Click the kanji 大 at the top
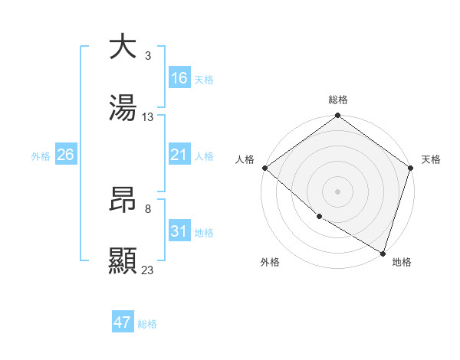click(x=123, y=47)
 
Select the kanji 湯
click(x=123, y=109)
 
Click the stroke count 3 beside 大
click(x=147, y=55)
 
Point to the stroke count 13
click(x=148, y=117)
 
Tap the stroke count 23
click(x=148, y=270)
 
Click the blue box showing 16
click(x=179, y=78)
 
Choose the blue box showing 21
click(x=179, y=155)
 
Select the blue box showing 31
click(x=179, y=231)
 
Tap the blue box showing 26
click(x=65, y=155)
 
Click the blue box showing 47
click(x=123, y=322)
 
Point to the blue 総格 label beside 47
click(x=148, y=324)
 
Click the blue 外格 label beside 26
click(x=41, y=155)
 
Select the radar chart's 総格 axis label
click(x=338, y=100)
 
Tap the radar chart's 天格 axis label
click(x=431, y=159)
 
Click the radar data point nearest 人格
click(x=265, y=168)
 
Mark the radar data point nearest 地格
click(x=383, y=252)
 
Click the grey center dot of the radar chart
click(x=338, y=191)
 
